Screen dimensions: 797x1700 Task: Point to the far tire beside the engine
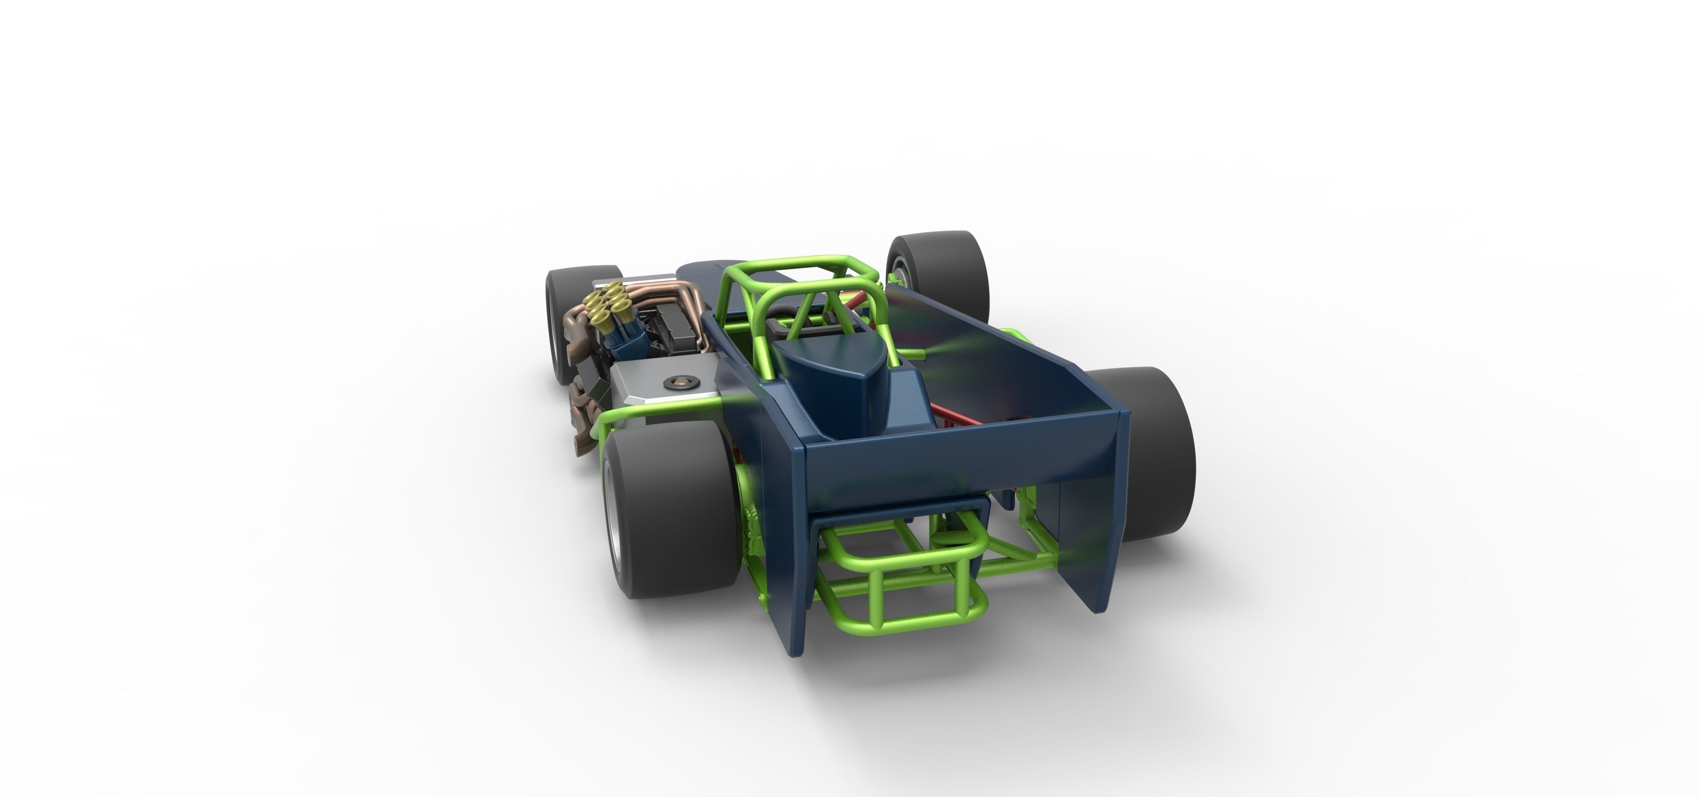(x=568, y=317)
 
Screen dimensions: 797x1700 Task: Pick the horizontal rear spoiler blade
(x=957, y=456)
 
